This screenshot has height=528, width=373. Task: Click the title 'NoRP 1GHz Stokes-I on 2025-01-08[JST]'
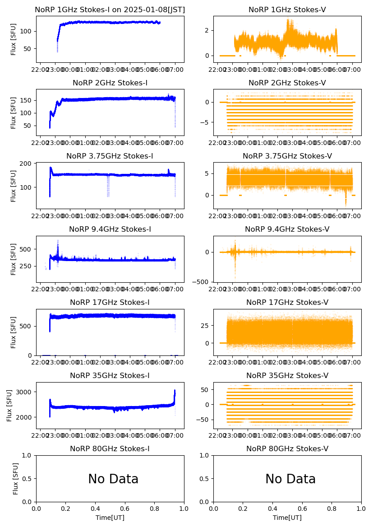pos(110,9)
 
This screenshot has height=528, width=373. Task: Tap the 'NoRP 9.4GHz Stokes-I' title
pos(110,229)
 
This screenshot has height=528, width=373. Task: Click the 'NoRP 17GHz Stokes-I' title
pos(110,302)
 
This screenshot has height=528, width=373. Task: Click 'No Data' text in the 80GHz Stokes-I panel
pos(113,479)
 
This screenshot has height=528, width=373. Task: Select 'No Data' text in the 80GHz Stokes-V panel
pos(290,479)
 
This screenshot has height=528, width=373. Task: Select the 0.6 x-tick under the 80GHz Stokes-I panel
pos(125,508)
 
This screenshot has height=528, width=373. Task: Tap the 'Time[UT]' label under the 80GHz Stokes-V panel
pos(287,518)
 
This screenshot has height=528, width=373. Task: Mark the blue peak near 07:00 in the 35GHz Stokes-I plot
pos(175,391)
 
